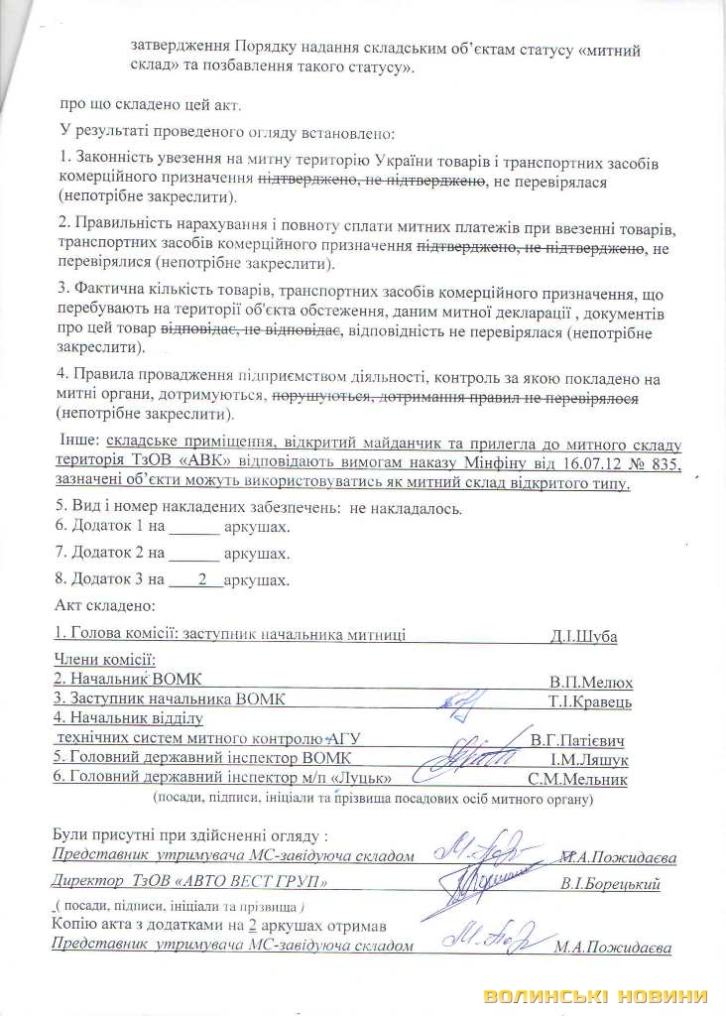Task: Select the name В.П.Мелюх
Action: coord(591,683)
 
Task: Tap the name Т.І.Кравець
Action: coord(590,701)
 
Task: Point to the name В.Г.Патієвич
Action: coord(576,740)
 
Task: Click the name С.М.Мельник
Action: coord(578,780)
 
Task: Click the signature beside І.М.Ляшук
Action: coord(465,760)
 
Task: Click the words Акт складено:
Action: coord(102,604)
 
